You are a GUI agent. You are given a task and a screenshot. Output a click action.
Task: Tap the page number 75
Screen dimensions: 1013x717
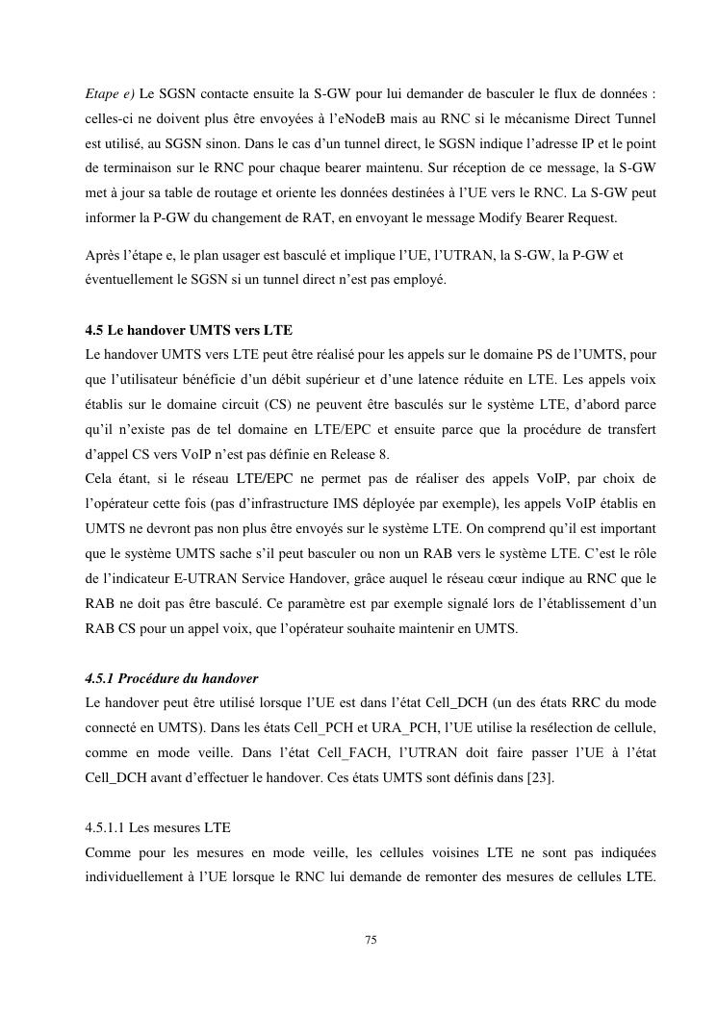[x=371, y=939]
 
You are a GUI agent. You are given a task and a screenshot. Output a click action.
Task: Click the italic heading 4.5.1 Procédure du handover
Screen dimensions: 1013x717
[x=171, y=679]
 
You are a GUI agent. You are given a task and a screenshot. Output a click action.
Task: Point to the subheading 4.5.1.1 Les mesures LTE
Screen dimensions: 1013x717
[x=158, y=827]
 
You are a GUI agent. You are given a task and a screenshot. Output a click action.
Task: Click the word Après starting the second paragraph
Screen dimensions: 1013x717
[x=103, y=256]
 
